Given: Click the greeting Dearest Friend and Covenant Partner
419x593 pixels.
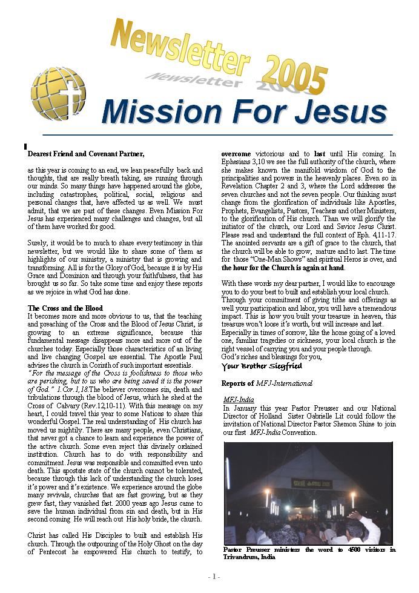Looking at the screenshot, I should coord(86,154).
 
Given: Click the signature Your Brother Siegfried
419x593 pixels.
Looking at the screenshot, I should coord(262,366).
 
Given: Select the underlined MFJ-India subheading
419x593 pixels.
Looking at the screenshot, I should coord(239,400).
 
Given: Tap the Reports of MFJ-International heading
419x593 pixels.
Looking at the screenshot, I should coord(267,383).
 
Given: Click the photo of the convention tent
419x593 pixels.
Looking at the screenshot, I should coord(308,492).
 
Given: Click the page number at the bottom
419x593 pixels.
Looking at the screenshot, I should coord(213,577).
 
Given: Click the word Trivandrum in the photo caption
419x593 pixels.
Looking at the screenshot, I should coord(242,557).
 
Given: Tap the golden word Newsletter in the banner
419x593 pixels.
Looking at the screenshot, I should coord(179,46).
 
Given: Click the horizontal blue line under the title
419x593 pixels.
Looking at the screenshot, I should coord(217,134).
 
